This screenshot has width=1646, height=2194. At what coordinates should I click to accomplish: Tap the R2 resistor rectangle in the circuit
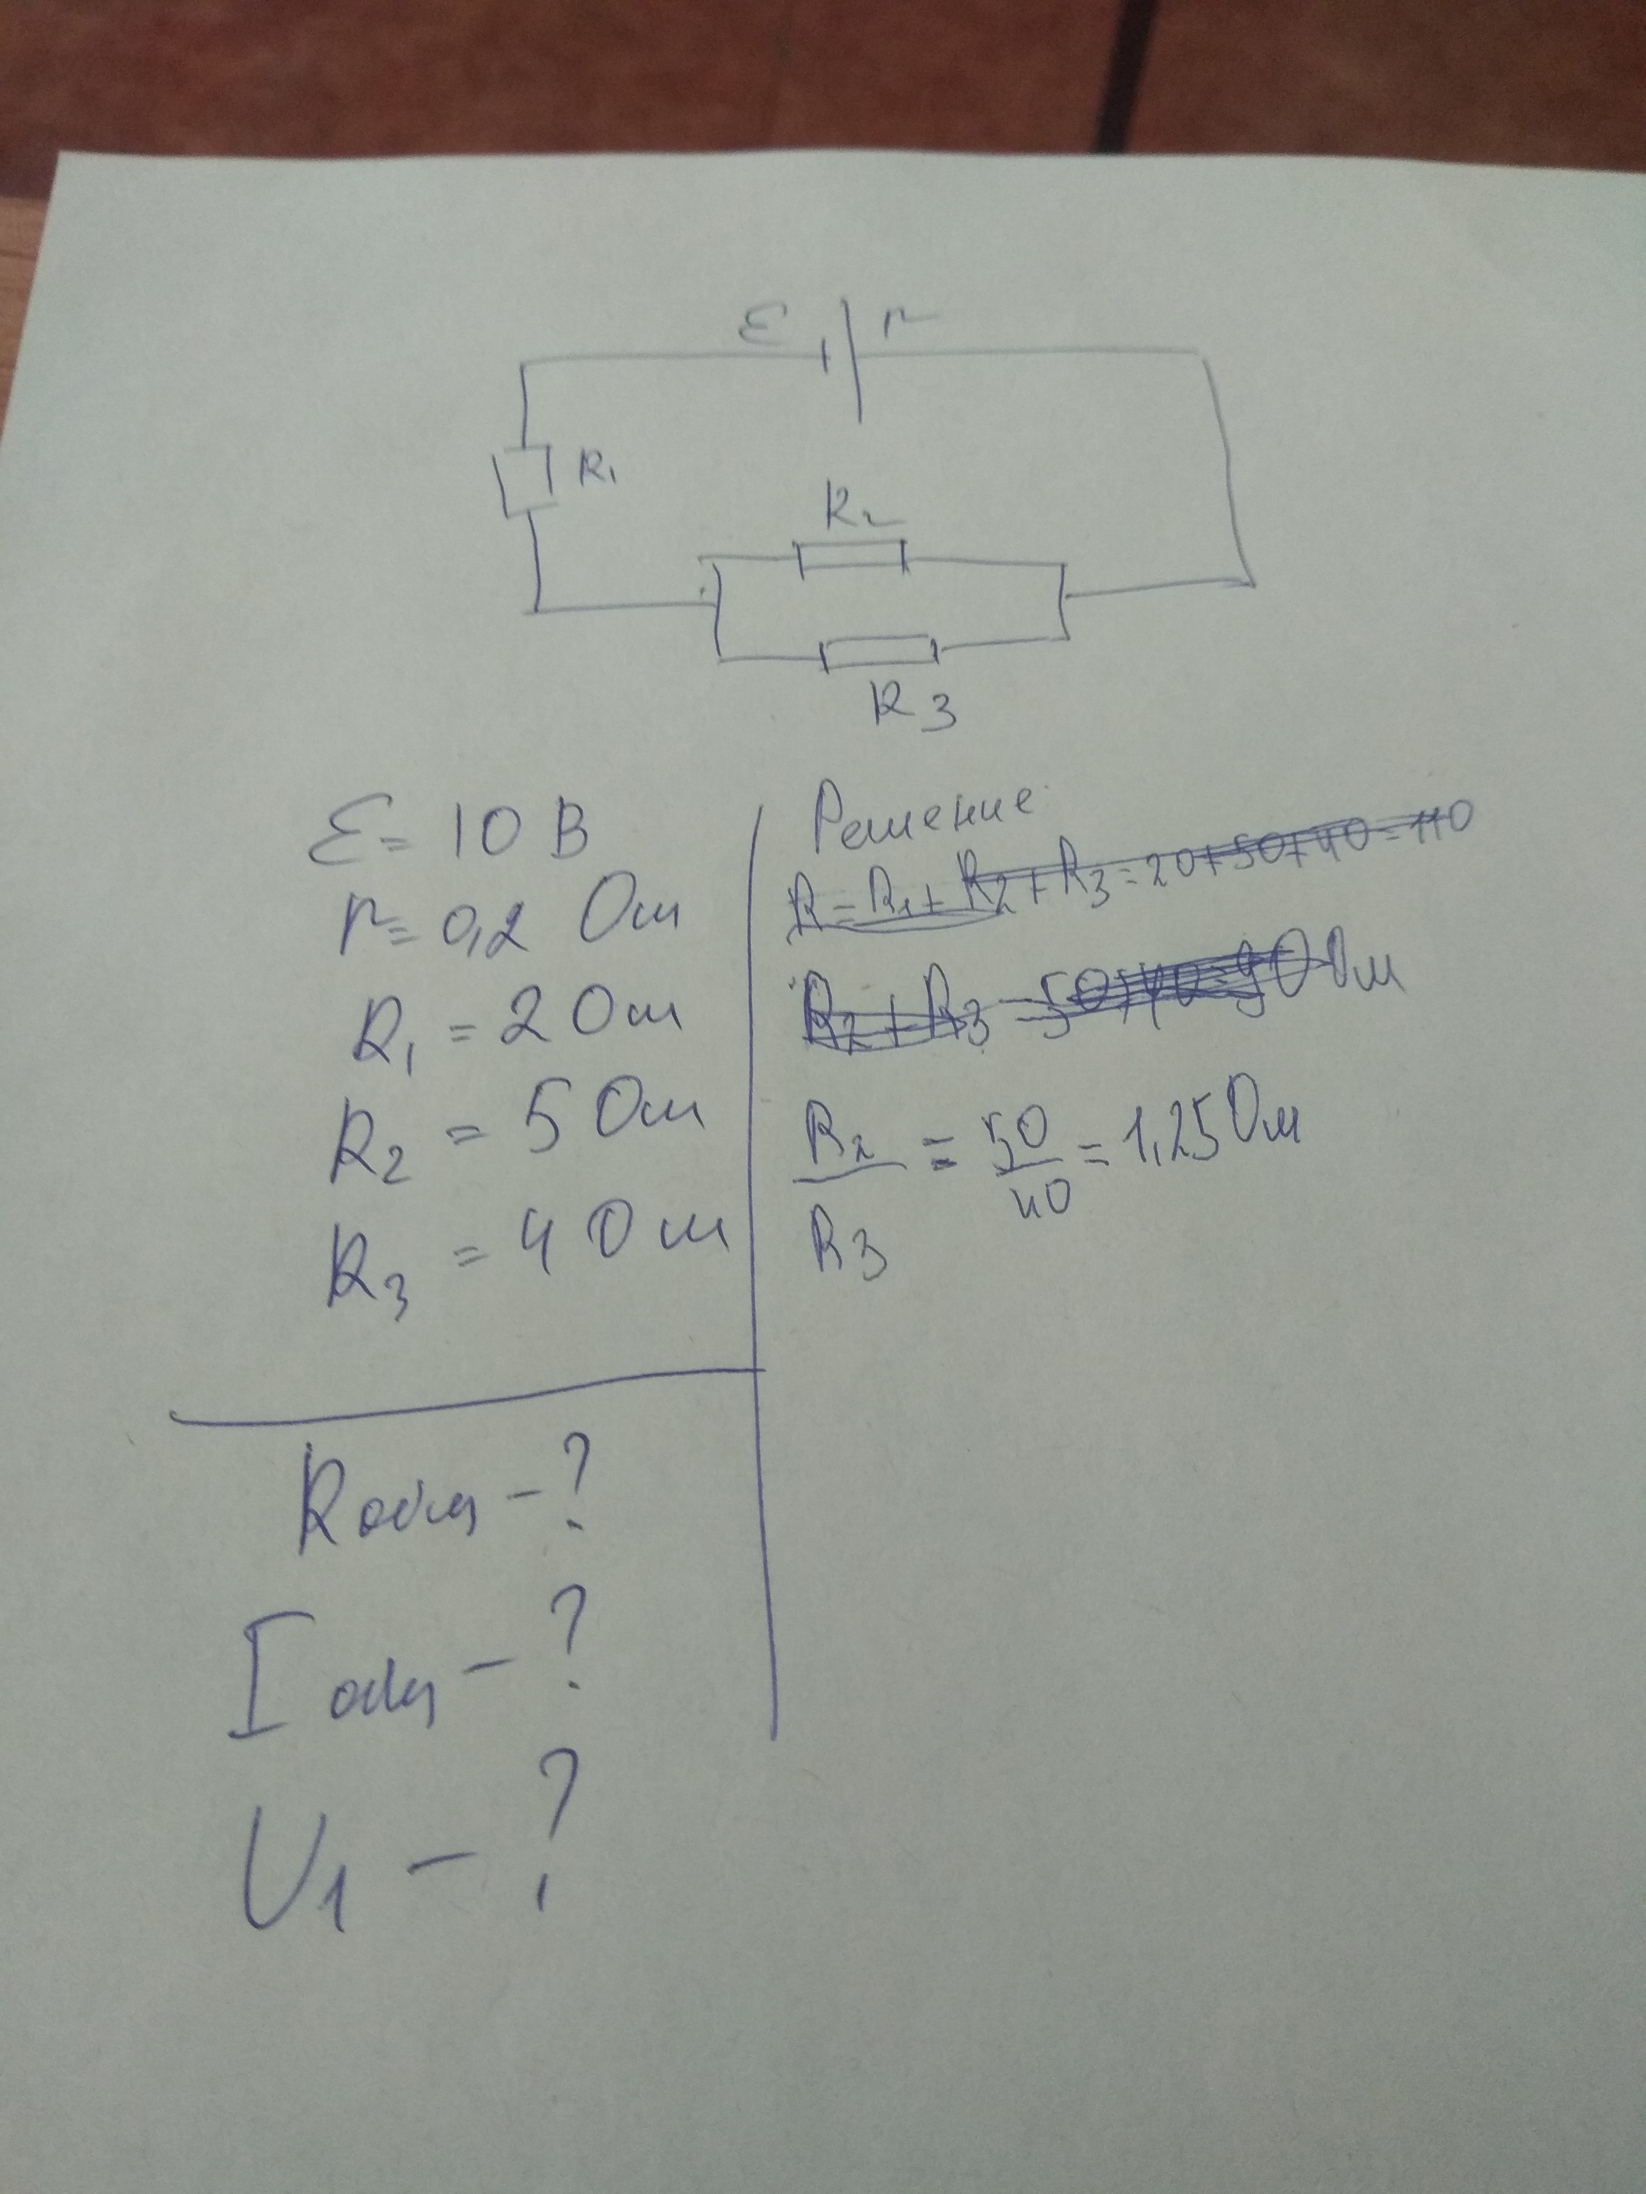tap(851, 559)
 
